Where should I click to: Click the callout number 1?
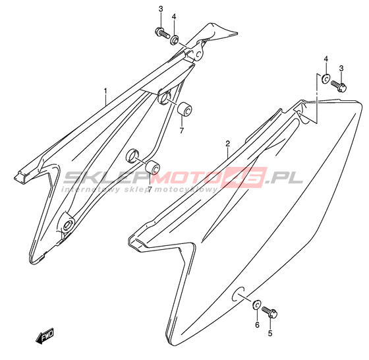105,91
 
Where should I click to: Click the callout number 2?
227,144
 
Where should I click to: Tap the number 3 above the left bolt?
161,9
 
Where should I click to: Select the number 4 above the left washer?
174,16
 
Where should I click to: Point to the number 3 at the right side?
341,69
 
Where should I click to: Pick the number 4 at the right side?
326,59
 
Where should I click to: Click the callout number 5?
270,334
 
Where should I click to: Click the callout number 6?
257,324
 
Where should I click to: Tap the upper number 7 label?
181,131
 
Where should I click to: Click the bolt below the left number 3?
162,33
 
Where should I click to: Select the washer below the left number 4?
175,40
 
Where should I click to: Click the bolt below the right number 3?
339,86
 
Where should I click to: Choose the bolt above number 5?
270,312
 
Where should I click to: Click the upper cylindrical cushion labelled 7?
184,109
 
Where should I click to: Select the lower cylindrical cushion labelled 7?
153,167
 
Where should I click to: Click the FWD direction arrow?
45,336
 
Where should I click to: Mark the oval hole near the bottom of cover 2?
238,294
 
